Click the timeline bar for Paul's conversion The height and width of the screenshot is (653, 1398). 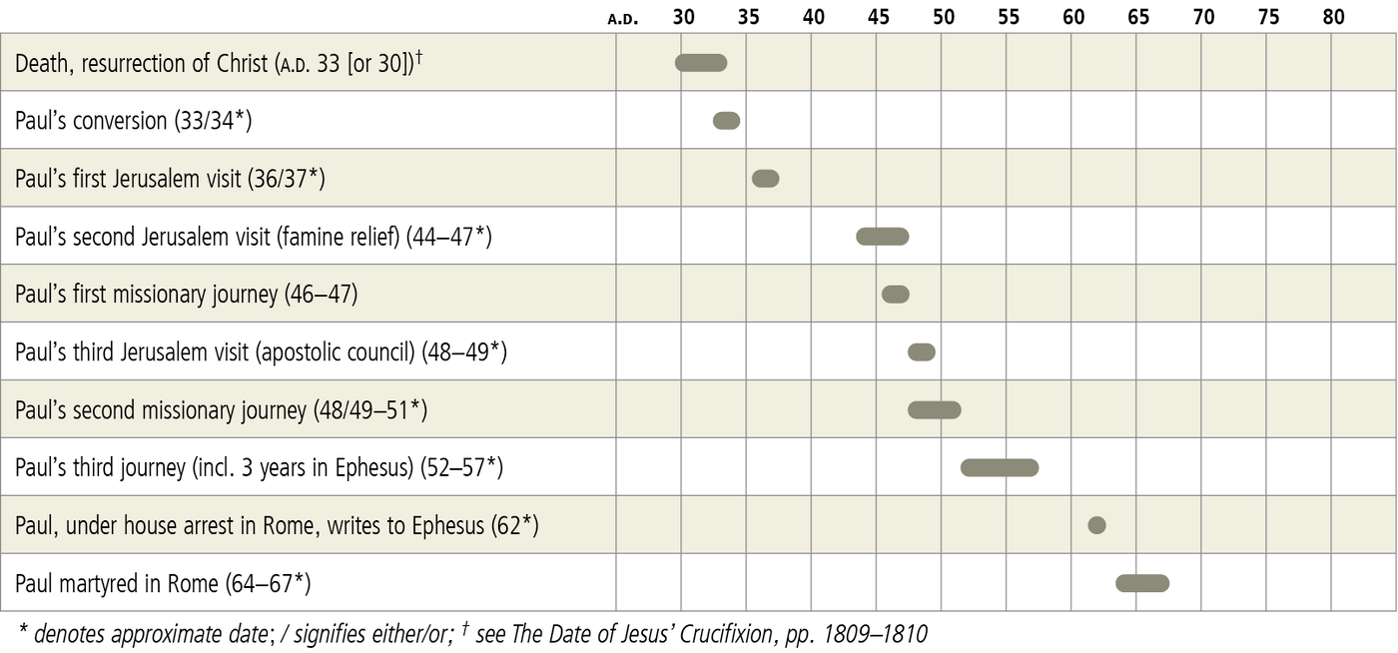tap(726, 121)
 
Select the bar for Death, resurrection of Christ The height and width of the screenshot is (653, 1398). tap(701, 63)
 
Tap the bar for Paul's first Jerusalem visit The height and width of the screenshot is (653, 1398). tap(765, 179)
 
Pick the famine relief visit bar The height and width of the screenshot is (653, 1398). tap(883, 237)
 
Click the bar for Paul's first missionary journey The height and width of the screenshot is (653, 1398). tap(896, 295)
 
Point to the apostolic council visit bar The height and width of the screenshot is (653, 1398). tap(922, 352)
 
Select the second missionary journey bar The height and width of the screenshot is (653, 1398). tap(935, 410)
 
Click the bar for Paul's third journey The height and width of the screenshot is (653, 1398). tap(1000, 468)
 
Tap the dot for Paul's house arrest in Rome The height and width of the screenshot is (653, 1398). tap(1096, 526)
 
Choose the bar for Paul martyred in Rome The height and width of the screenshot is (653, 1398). tap(1142, 584)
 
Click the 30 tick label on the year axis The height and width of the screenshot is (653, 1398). tap(684, 17)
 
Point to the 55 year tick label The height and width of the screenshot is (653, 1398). tap(1009, 17)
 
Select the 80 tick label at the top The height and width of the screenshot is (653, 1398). tap(1333, 17)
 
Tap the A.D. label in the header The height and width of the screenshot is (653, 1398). tap(623, 19)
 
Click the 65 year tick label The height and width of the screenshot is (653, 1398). tap(1138, 17)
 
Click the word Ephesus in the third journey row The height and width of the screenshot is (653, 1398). tap(373, 468)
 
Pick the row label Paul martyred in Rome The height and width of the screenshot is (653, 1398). tap(158, 583)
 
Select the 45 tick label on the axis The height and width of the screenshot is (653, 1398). tap(879, 17)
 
